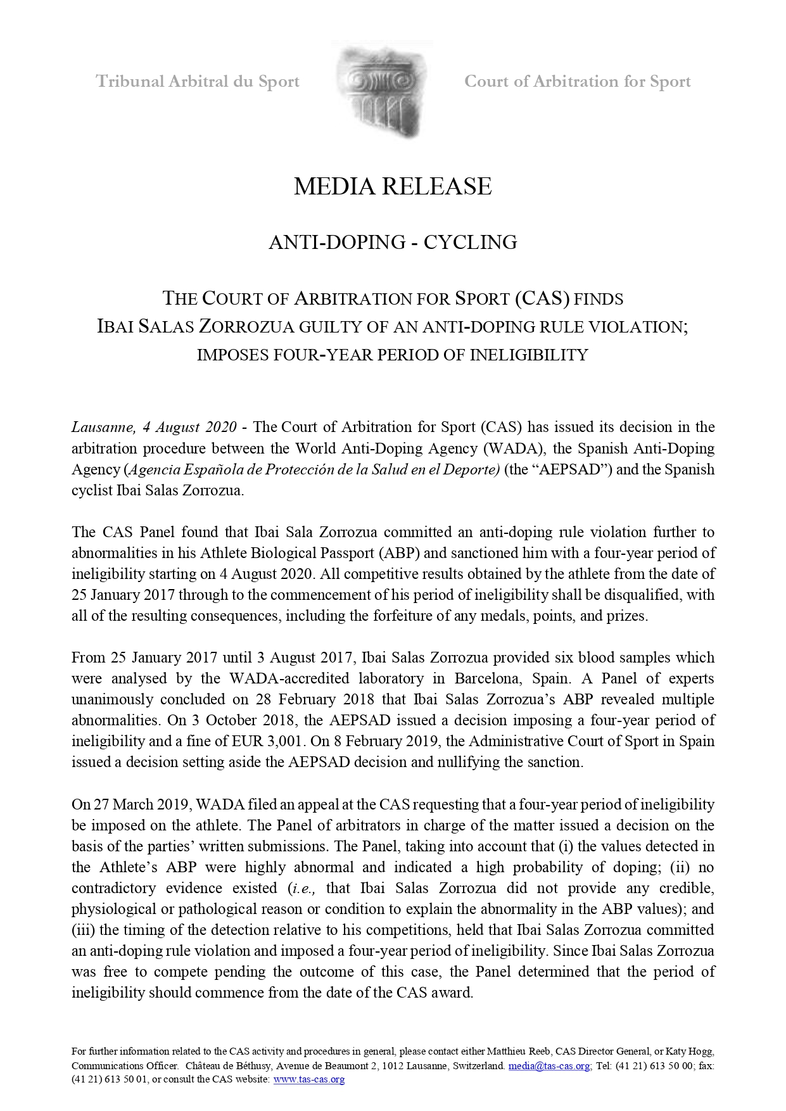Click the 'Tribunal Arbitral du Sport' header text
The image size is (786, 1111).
[198, 82]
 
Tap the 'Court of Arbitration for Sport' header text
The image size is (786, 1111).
[577, 82]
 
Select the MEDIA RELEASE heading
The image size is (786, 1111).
[393, 186]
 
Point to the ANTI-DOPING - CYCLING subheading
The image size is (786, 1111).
[393, 242]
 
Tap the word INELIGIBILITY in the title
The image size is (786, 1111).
[529, 355]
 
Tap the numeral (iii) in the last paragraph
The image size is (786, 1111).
[83, 930]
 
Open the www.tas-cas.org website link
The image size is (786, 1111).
[308, 1079]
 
